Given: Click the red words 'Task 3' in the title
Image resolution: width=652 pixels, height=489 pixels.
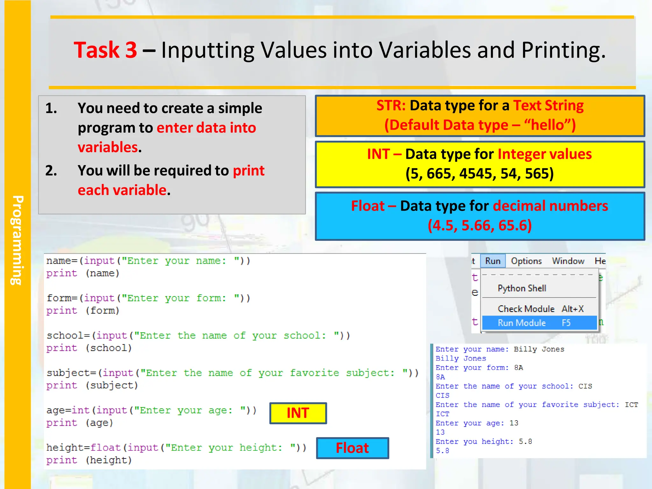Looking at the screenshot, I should (x=105, y=50).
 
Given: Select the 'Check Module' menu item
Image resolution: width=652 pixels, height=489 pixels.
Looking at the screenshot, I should (x=526, y=309).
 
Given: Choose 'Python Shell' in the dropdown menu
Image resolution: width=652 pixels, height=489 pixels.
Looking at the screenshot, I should (x=522, y=288).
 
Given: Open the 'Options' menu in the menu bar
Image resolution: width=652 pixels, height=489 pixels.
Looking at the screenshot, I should (x=526, y=261).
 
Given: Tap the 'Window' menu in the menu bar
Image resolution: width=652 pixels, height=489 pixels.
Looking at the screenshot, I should (x=568, y=261).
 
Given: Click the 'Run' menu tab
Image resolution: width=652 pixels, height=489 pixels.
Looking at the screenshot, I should (x=493, y=261).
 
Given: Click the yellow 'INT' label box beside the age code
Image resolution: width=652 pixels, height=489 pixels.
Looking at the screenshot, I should (x=298, y=413).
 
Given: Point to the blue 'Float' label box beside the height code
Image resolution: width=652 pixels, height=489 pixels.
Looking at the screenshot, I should (x=352, y=448).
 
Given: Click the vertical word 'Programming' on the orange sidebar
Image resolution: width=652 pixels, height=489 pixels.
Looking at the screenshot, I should (x=18, y=240).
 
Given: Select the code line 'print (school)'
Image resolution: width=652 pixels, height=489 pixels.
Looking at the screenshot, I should (x=89, y=348).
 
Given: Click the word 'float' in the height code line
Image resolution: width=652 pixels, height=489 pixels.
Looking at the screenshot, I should (x=106, y=448).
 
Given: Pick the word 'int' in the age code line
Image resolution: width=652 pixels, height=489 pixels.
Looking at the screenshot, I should (x=81, y=410).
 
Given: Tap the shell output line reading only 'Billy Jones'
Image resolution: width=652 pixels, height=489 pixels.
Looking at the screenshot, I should (x=461, y=358).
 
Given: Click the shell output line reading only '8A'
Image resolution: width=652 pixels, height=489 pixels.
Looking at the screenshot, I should (x=440, y=377).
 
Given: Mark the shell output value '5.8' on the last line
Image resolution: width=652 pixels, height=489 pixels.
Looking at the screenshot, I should (x=442, y=451).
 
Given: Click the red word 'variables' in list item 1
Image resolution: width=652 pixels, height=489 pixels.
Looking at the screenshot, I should (x=108, y=147).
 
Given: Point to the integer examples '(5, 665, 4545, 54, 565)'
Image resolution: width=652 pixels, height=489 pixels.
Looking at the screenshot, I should (x=479, y=174).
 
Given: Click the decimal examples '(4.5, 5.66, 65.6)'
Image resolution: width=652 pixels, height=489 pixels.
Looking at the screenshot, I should (x=479, y=225).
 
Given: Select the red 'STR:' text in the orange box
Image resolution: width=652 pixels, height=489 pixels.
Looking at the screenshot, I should (x=391, y=105).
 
